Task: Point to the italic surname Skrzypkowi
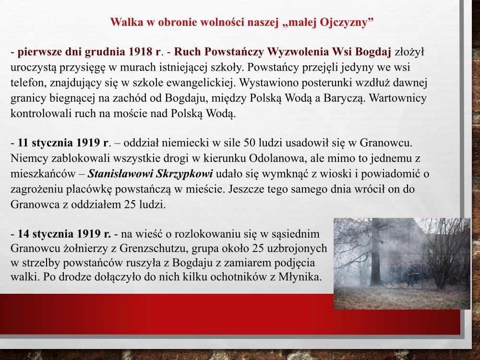(x=184, y=174)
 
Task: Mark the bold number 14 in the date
(x=23, y=234)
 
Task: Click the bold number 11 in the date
(x=23, y=143)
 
